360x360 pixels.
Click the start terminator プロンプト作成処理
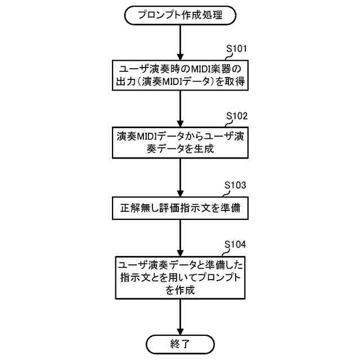[x=179, y=15]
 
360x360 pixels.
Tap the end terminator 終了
[x=179, y=343]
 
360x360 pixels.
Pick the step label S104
[x=235, y=246]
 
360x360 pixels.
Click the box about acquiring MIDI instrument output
[x=179, y=76]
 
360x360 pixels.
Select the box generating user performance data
[x=179, y=143]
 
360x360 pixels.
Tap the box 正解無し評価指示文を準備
[x=179, y=208]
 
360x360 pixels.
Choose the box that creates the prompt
[x=179, y=277]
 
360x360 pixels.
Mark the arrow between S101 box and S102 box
[x=179, y=109]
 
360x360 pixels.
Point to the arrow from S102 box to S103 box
[x=179, y=177]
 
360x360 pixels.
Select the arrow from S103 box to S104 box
[x=179, y=236]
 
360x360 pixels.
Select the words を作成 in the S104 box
[x=179, y=290]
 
